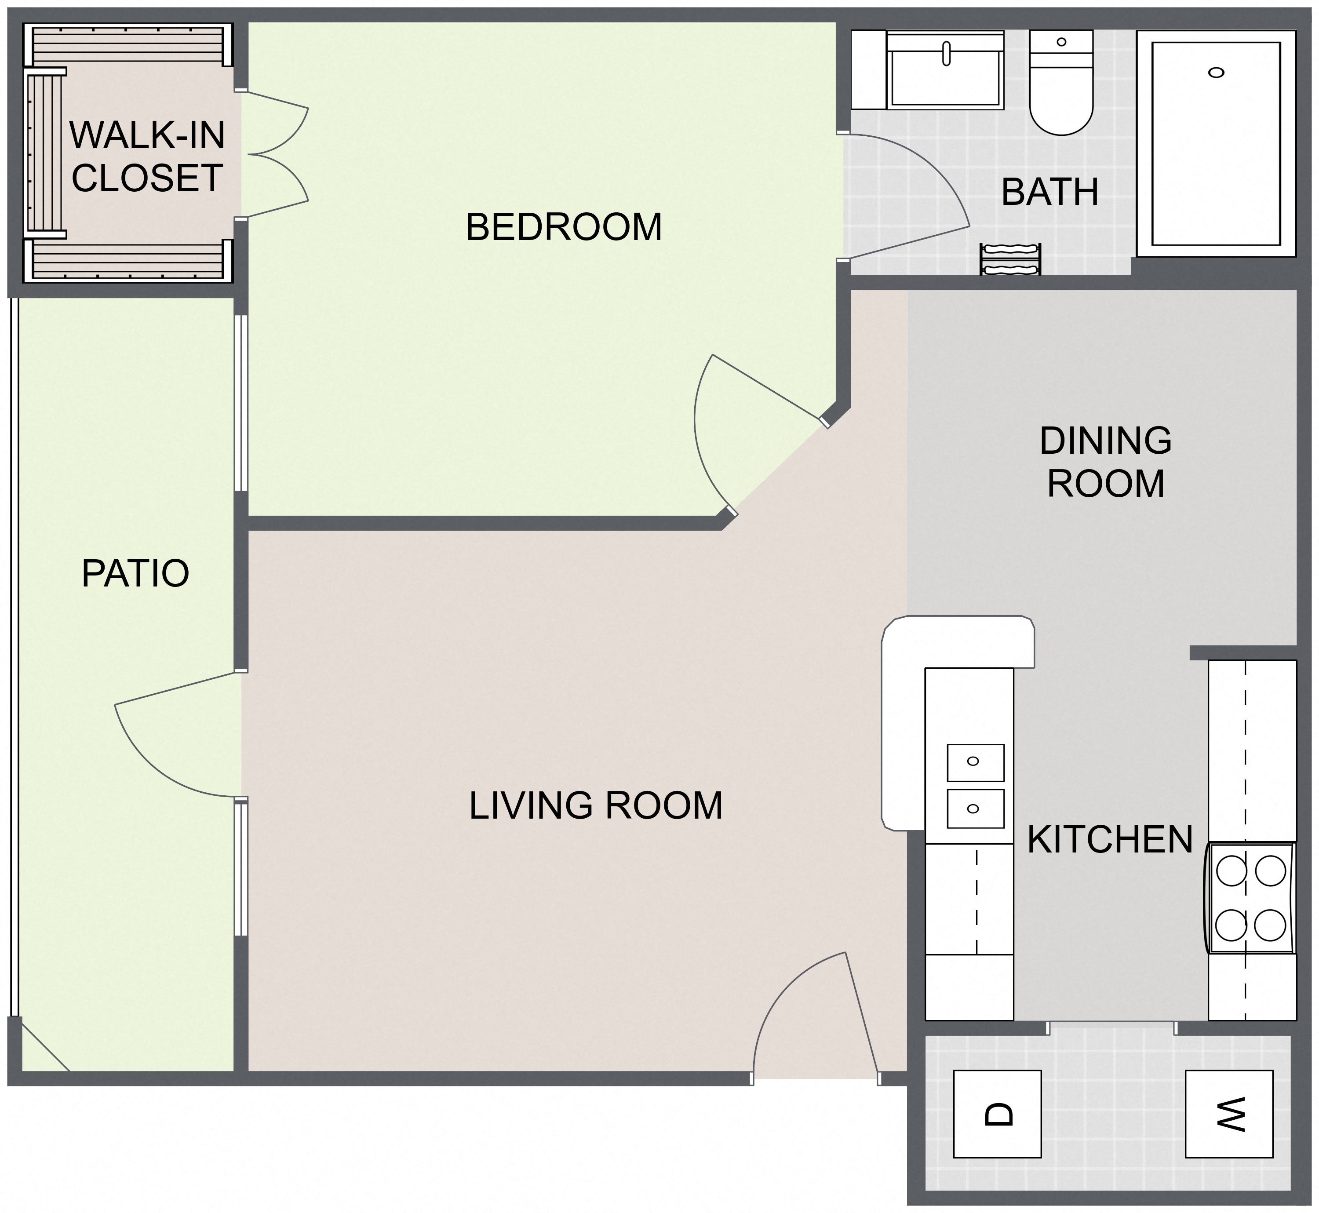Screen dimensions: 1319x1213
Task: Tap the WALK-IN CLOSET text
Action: click(147, 156)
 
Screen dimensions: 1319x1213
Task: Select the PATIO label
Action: click(135, 573)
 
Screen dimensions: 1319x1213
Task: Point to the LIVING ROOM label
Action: click(595, 805)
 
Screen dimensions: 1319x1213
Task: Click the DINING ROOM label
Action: click(1106, 462)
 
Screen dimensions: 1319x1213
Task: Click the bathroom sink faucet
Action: click(946, 54)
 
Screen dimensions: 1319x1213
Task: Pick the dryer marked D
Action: click(997, 1114)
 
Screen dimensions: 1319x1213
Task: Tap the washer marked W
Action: click(1229, 1114)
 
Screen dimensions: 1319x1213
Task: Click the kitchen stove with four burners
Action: click(1250, 897)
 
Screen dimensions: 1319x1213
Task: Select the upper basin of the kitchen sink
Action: click(976, 763)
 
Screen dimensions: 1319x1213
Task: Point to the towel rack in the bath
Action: click(1010, 259)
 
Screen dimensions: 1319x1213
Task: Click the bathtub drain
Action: click(1216, 73)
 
